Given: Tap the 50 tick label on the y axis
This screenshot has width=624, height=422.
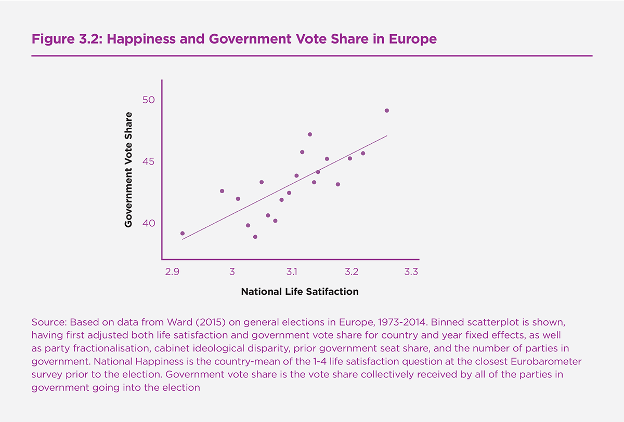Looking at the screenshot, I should [x=149, y=100].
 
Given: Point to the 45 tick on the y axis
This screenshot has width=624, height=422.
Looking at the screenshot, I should [x=149, y=161].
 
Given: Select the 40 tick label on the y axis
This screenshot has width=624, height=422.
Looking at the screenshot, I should [x=149, y=223].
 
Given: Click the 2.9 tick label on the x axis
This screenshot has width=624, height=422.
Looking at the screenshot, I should [x=173, y=271].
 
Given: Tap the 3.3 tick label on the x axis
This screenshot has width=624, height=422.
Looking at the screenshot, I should [x=411, y=271].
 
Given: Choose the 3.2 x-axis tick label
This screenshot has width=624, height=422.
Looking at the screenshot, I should [x=351, y=271].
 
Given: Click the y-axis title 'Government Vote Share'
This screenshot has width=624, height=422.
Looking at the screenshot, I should [x=128, y=169].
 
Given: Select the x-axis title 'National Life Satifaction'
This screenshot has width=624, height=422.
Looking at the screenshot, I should [x=300, y=292].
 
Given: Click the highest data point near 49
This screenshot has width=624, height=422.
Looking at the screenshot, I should [x=387, y=111].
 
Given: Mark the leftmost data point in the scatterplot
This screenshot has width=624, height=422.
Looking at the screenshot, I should [x=183, y=234].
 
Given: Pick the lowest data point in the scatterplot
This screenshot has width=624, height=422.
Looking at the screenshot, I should [x=255, y=237].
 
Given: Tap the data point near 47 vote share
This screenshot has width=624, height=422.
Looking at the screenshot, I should [x=310, y=134].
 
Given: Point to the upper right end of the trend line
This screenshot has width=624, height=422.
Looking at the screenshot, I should [x=387, y=136].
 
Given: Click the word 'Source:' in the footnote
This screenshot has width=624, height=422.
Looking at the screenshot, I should [x=48, y=322].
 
